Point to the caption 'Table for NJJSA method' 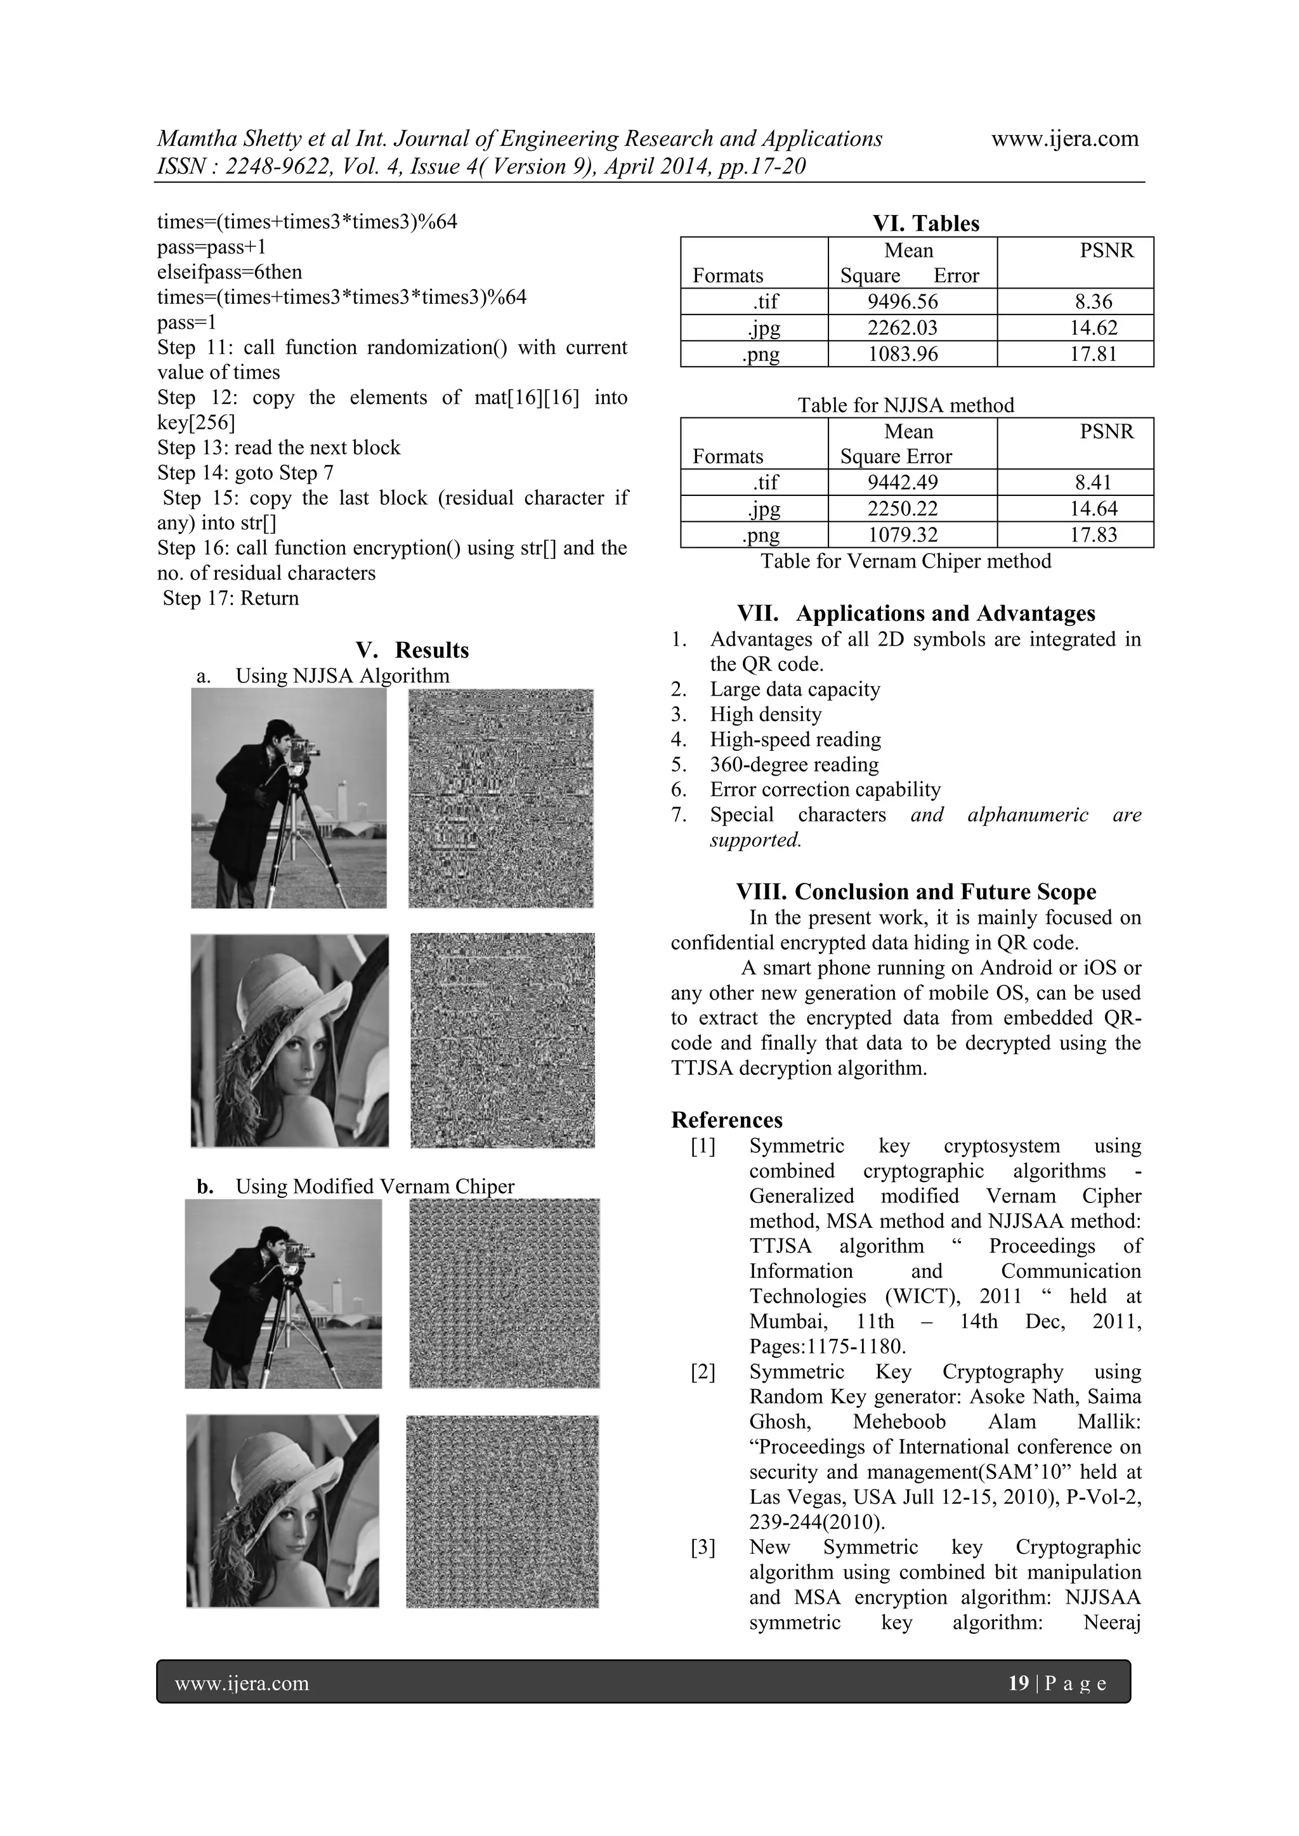click(x=906, y=405)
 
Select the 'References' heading click(x=726, y=1119)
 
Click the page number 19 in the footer click(x=1018, y=1683)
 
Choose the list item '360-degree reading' click(x=793, y=764)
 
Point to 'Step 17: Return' click(x=230, y=598)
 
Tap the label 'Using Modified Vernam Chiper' click(x=374, y=1186)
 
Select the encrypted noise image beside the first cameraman click(x=500, y=798)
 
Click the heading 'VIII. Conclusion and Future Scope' click(x=915, y=892)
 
